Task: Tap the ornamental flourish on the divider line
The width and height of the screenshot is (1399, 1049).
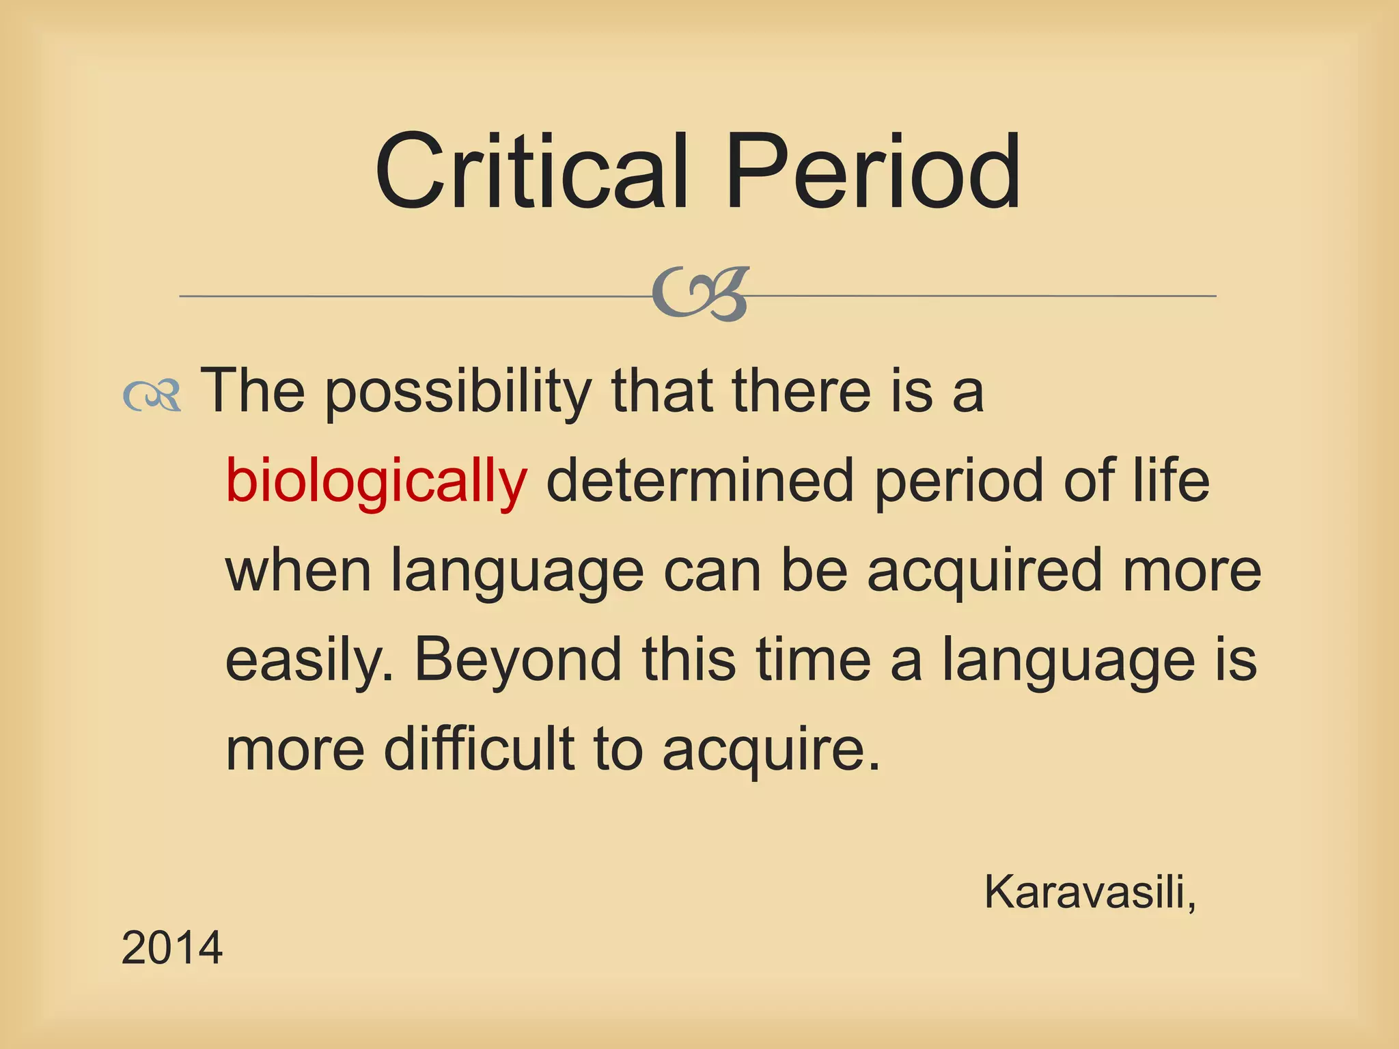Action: click(700, 294)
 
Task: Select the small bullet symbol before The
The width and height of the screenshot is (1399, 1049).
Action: click(152, 395)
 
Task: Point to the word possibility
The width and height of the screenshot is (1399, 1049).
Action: click(458, 393)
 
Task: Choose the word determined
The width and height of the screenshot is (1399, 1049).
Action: click(700, 481)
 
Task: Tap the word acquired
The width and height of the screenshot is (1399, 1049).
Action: click(984, 572)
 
